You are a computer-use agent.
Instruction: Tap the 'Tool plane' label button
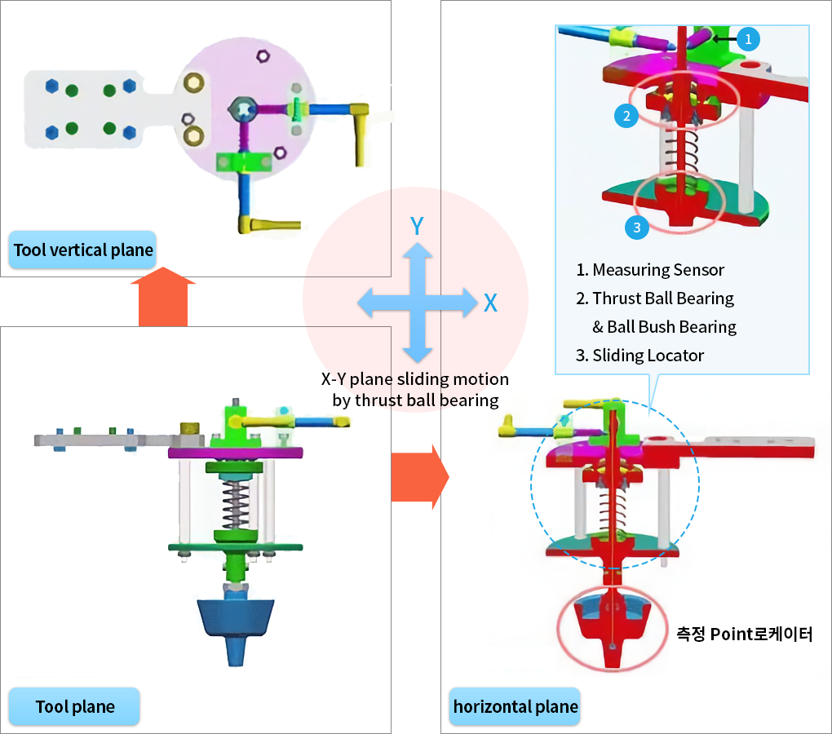(x=75, y=706)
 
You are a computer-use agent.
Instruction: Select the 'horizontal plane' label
(x=515, y=706)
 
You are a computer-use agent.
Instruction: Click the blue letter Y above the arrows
(x=417, y=226)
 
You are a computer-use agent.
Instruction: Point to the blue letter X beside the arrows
(x=490, y=303)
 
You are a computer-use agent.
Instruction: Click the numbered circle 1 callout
(x=749, y=38)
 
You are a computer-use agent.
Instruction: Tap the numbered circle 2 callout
(x=626, y=116)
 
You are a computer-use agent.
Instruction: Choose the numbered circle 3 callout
(x=637, y=228)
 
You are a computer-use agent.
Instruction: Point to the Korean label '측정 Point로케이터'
(x=744, y=634)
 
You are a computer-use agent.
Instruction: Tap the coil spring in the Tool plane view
(x=237, y=502)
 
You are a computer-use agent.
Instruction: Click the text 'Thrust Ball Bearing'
(x=662, y=298)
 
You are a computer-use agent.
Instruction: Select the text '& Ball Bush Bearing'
(x=664, y=327)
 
